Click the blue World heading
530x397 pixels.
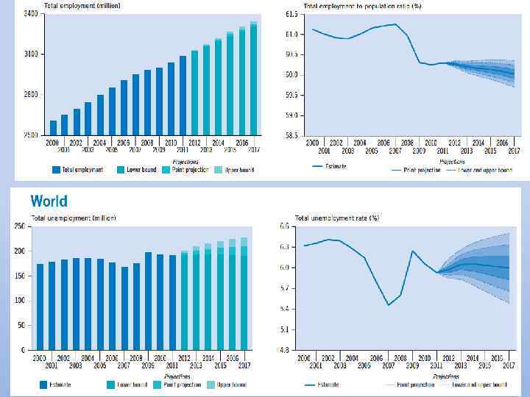(x=49, y=201)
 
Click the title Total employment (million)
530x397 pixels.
(x=71, y=5)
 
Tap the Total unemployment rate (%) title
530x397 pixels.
(x=336, y=218)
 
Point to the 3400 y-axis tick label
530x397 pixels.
(x=31, y=14)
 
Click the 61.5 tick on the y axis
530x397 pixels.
(x=291, y=14)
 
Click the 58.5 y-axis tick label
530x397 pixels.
(x=291, y=136)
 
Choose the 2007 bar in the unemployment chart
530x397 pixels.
(x=124, y=308)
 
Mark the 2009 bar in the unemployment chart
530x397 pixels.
(x=148, y=301)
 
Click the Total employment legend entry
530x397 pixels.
(x=77, y=170)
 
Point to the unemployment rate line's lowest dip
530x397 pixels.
(x=388, y=304)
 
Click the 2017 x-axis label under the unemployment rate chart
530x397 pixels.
(x=508, y=365)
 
